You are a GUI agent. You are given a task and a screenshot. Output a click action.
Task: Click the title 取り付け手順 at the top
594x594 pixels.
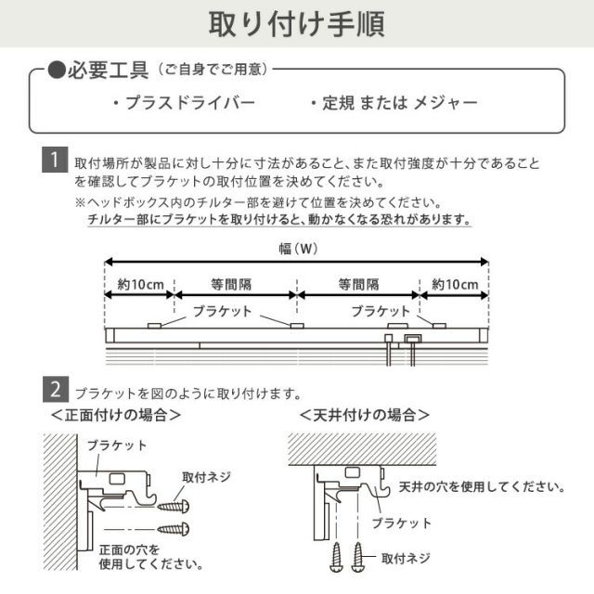click(x=296, y=22)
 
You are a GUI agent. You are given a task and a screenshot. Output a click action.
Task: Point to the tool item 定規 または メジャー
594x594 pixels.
click(x=394, y=102)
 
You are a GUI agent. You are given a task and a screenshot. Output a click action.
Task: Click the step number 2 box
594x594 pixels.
click(x=56, y=387)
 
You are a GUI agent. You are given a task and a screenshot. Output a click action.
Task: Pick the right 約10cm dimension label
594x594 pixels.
click(x=455, y=284)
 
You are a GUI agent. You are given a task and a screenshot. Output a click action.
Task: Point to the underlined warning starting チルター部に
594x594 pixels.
click(x=278, y=221)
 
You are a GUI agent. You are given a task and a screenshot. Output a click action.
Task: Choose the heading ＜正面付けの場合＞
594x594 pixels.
click(x=116, y=415)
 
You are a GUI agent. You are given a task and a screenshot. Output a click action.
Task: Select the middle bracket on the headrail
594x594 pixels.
click(x=297, y=325)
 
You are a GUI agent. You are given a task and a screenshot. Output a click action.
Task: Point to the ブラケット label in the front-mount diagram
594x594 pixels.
click(x=116, y=445)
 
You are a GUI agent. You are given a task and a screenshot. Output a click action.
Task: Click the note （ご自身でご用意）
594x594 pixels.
click(x=214, y=71)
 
